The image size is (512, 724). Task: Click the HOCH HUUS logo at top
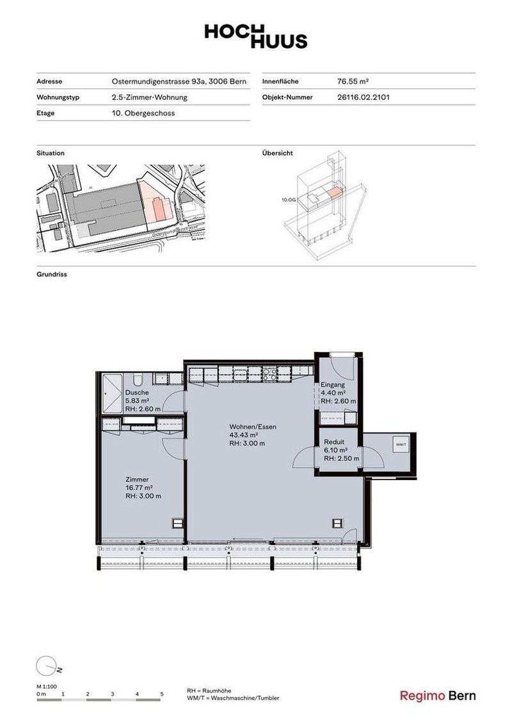[x=255, y=36]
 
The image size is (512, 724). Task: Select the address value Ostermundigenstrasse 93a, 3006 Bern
[x=176, y=82]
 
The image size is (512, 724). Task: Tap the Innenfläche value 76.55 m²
[x=353, y=82]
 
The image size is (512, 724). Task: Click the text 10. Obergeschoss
[x=143, y=113]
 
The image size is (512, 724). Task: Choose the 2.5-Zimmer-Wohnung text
[x=149, y=97]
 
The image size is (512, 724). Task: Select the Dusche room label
[x=137, y=392]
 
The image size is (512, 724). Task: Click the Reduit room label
[x=335, y=442]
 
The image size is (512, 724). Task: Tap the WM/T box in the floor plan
[x=401, y=444]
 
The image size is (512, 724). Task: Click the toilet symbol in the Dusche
[x=139, y=378]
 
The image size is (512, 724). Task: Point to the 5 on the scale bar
[x=161, y=694]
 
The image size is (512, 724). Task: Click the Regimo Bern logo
[x=438, y=696]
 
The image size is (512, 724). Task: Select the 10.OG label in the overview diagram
[x=288, y=200]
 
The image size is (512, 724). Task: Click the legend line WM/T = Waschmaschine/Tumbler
[x=233, y=699]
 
